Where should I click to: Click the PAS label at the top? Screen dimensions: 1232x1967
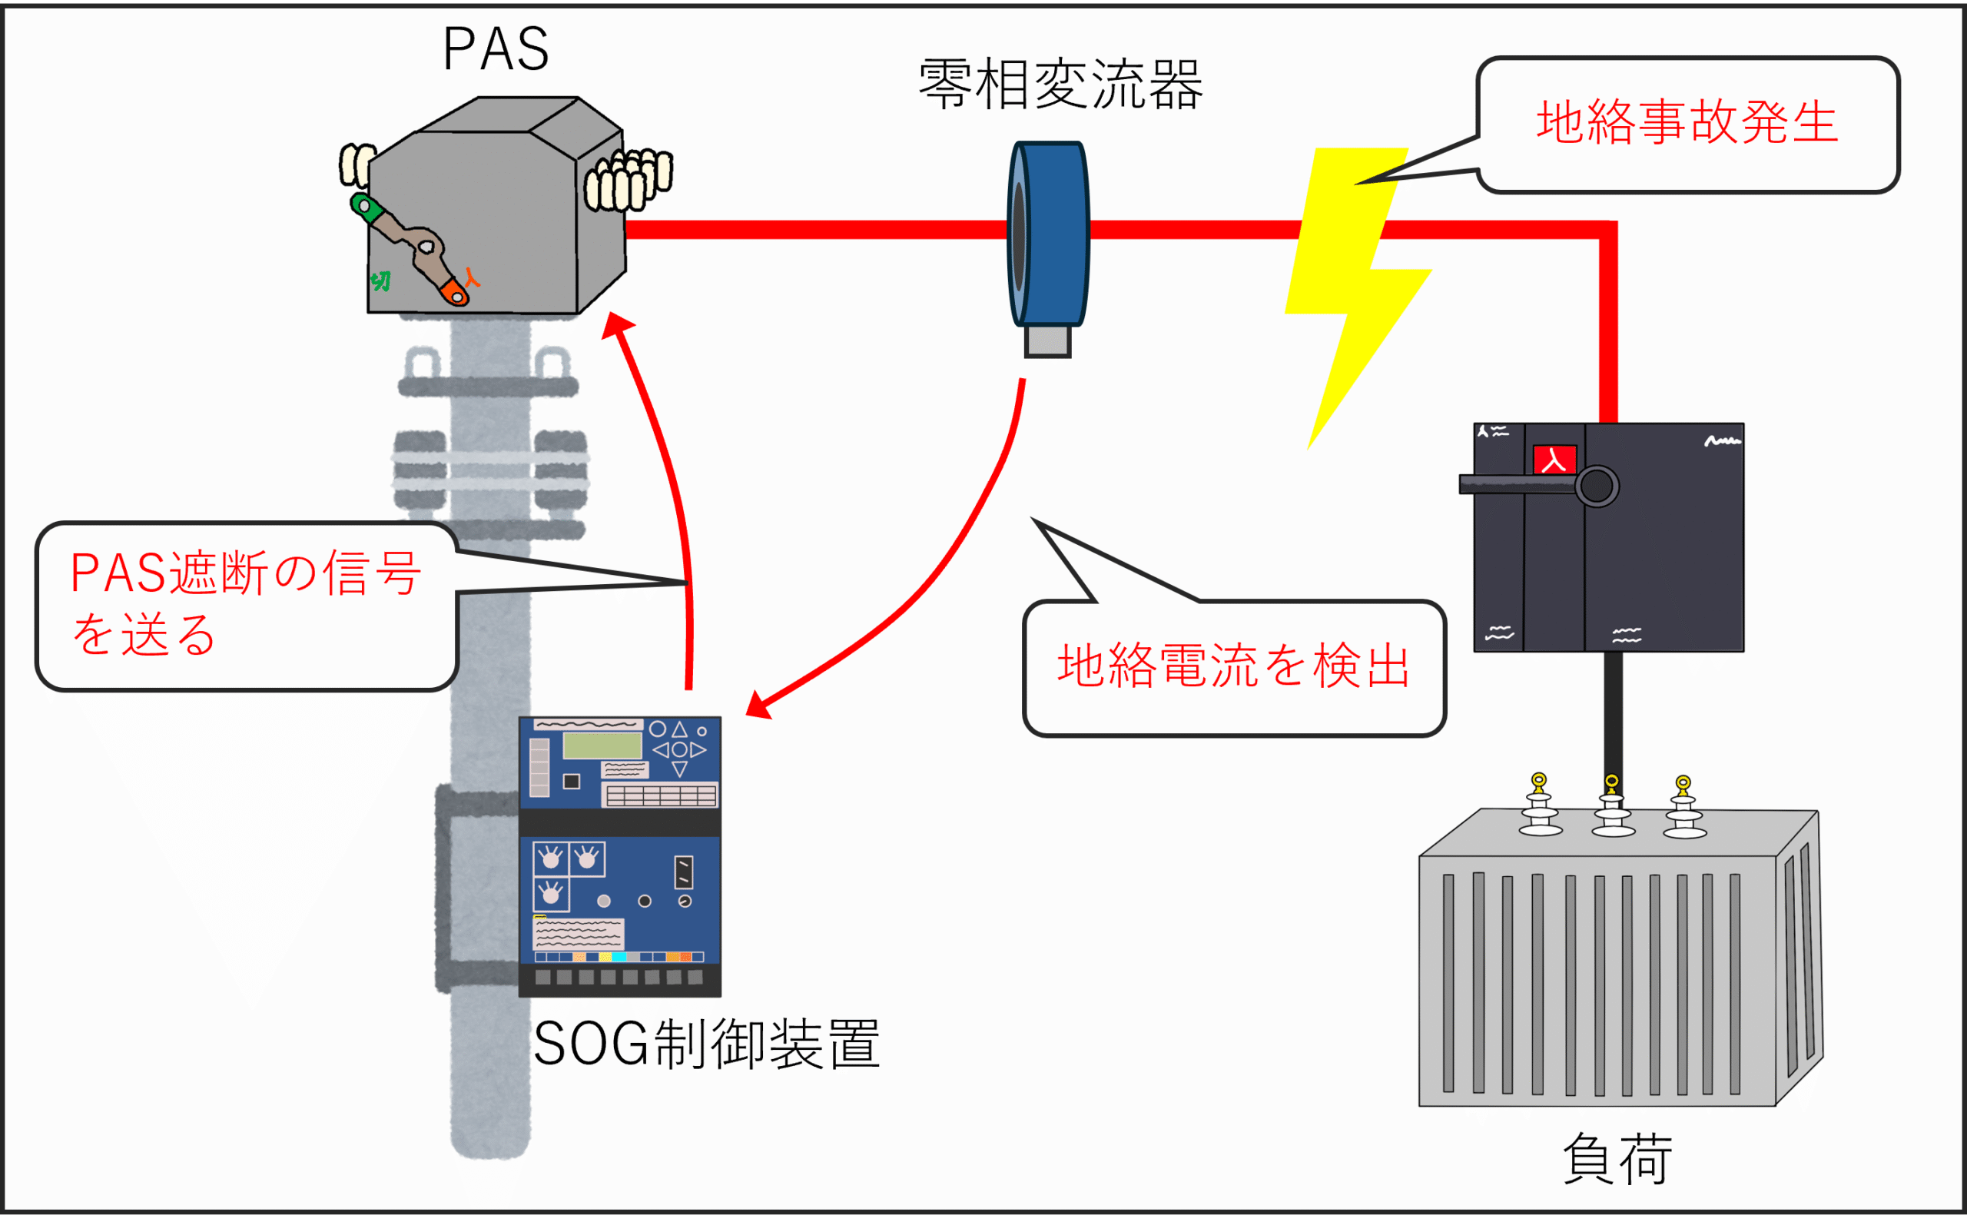[496, 50]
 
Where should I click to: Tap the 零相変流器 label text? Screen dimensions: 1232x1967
[1060, 85]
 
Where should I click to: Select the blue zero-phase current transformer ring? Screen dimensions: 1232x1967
[1049, 234]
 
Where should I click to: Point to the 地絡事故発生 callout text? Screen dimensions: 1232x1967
[1687, 122]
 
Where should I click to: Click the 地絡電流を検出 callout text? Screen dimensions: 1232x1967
[1233, 666]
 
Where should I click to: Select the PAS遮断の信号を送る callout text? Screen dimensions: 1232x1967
[244, 603]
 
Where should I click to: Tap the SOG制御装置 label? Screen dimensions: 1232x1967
[706, 1044]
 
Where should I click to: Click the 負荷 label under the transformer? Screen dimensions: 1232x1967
[1617, 1159]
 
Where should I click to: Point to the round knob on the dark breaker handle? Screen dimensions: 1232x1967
[1597, 486]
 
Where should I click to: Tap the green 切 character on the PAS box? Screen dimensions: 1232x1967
[380, 281]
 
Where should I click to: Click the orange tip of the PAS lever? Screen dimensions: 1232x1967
[455, 292]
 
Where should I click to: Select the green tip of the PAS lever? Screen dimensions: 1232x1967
[366, 207]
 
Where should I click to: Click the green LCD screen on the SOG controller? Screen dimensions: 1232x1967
[602, 745]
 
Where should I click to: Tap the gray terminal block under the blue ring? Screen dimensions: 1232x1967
[1047, 340]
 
